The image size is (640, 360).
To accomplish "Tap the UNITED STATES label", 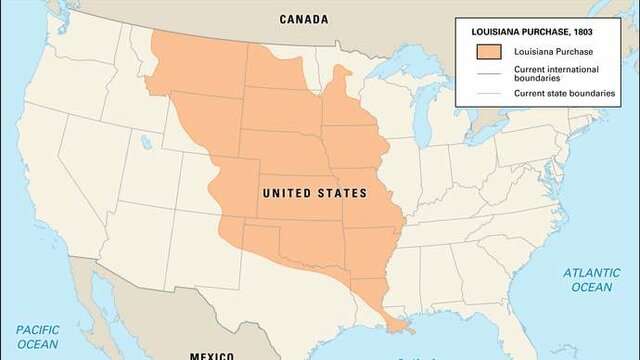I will coord(313,193).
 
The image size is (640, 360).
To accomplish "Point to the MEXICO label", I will coord(212,354).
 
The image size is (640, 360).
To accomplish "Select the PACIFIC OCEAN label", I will coord(36,336).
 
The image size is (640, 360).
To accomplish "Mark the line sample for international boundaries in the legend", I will coord(489,72).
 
